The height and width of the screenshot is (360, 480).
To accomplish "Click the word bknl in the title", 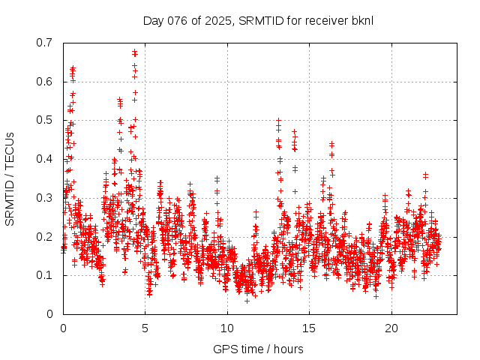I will coord(362,19).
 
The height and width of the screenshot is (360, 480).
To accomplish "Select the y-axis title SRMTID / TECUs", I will coord(10,178).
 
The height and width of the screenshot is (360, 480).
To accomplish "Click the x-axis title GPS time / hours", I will coord(258,349).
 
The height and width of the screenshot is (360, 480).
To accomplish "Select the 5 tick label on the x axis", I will coord(145,328).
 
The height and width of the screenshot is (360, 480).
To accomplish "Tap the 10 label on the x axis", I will coord(227,328).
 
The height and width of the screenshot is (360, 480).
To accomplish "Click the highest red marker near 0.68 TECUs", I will coord(135,52).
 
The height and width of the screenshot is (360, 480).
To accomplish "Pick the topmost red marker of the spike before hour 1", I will coord(73,68).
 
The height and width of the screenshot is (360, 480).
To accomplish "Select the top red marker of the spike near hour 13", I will coord(279,120).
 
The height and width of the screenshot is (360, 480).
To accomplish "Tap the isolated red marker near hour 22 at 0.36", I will coord(425,175).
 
